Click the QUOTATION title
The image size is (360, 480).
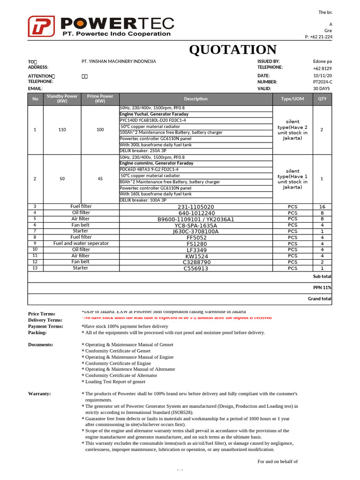pyautogui.click(x=232, y=49)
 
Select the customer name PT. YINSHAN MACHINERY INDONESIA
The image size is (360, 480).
pyautogui.click(x=119, y=61)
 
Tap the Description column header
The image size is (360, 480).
pyautogui.click(x=195, y=99)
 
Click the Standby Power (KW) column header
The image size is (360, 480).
pyautogui.click(x=62, y=99)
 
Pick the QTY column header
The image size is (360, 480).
pyautogui.click(x=322, y=99)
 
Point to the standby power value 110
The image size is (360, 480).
pyautogui.click(x=62, y=129)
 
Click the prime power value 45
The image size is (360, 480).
pyautogui.click(x=100, y=179)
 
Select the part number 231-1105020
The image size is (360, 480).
pyautogui.click(x=195, y=207)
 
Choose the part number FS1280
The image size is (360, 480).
pyautogui.click(x=195, y=244)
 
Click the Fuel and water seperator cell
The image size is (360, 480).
pyautogui.click(x=81, y=243)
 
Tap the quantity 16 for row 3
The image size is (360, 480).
pyautogui.click(x=322, y=207)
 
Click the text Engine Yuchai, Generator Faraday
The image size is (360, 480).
pyautogui.click(x=154, y=114)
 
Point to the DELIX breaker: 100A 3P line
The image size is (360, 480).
pyautogui.click(x=143, y=200)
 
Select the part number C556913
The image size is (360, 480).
pyautogui.click(x=195, y=269)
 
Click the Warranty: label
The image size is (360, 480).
pyautogui.click(x=39, y=394)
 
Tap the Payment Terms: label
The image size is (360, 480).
pyautogui.click(x=45, y=326)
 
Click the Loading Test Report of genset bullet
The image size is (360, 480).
pyautogui.click(x=115, y=382)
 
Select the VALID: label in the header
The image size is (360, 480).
pyautogui.click(x=264, y=88)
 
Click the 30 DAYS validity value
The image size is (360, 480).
pyautogui.click(x=322, y=88)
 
